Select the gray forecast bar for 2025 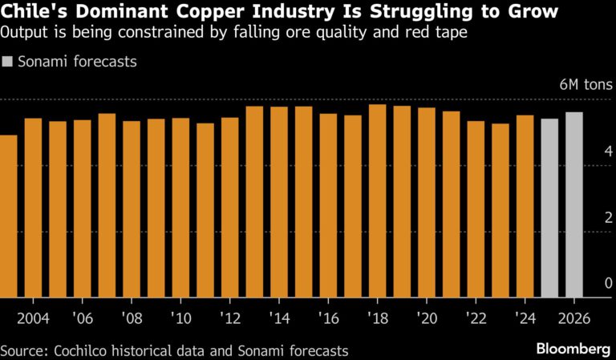click(x=549, y=208)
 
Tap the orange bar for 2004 click(x=34, y=208)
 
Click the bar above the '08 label click(x=132, y=208)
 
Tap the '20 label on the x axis click(x=426, y=318)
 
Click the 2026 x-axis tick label click(x=574, y=318)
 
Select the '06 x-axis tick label click(x=82, y=318)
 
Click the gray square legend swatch click(x=8, y=61)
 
